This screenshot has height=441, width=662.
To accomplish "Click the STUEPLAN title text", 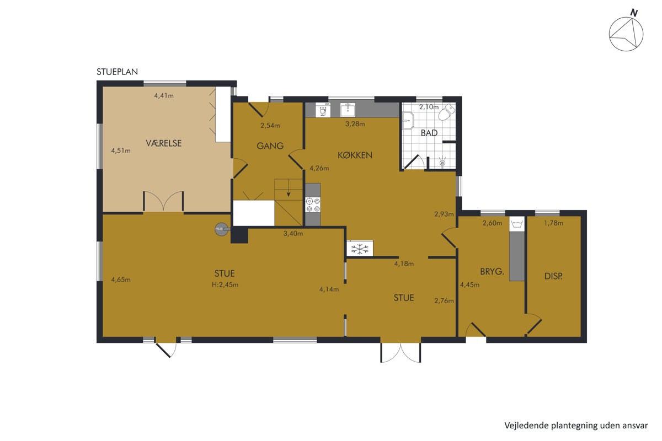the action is pos(117,72).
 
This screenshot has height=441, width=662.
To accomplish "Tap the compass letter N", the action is pos(634,13).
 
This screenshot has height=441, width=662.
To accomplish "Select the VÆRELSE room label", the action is pos(163,143).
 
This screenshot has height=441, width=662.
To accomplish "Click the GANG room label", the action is pos(270,146).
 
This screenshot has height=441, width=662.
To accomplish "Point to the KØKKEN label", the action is pos(355,155).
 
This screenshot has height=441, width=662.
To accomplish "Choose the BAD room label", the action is pos(429,133).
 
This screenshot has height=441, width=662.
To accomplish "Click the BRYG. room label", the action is pos(492,271).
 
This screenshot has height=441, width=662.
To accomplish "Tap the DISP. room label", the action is pos(553,276).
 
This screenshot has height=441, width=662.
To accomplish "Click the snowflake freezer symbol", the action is pos(360,249).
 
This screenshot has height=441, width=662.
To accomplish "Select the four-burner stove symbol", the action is pos(313,205).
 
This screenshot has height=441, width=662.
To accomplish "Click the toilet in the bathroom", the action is pos(446,112).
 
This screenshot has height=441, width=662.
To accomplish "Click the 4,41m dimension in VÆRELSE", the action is pos(164,96).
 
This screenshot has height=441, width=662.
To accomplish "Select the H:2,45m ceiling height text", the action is pos(225,285).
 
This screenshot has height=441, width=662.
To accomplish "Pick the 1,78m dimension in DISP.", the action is pos(553,223).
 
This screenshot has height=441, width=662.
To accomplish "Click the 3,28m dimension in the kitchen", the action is pos(355,124).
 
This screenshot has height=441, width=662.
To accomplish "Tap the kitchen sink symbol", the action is pos(348,110).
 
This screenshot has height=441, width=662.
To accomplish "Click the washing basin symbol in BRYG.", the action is pos(516,224).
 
